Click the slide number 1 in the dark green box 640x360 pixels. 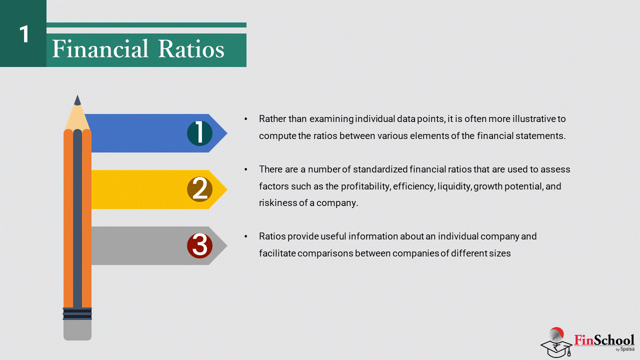coord(24,34)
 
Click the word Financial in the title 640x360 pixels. coord(100,48)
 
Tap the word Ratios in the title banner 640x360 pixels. coord(191,48)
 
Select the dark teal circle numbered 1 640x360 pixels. coord(199,133)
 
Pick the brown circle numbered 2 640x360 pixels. coord(199,189)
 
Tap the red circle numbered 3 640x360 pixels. coord(199,245)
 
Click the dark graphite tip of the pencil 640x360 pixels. coord(77,100)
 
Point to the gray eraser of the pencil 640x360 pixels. coord(77,330)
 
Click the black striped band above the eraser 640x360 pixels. coord(77,313)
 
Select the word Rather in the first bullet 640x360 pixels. coord(272,119)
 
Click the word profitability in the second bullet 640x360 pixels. coord(365,186)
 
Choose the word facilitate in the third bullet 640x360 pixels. coord(277,253)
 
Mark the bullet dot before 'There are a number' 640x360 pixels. coord(246,169)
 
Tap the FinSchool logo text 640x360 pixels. coord(604,340)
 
